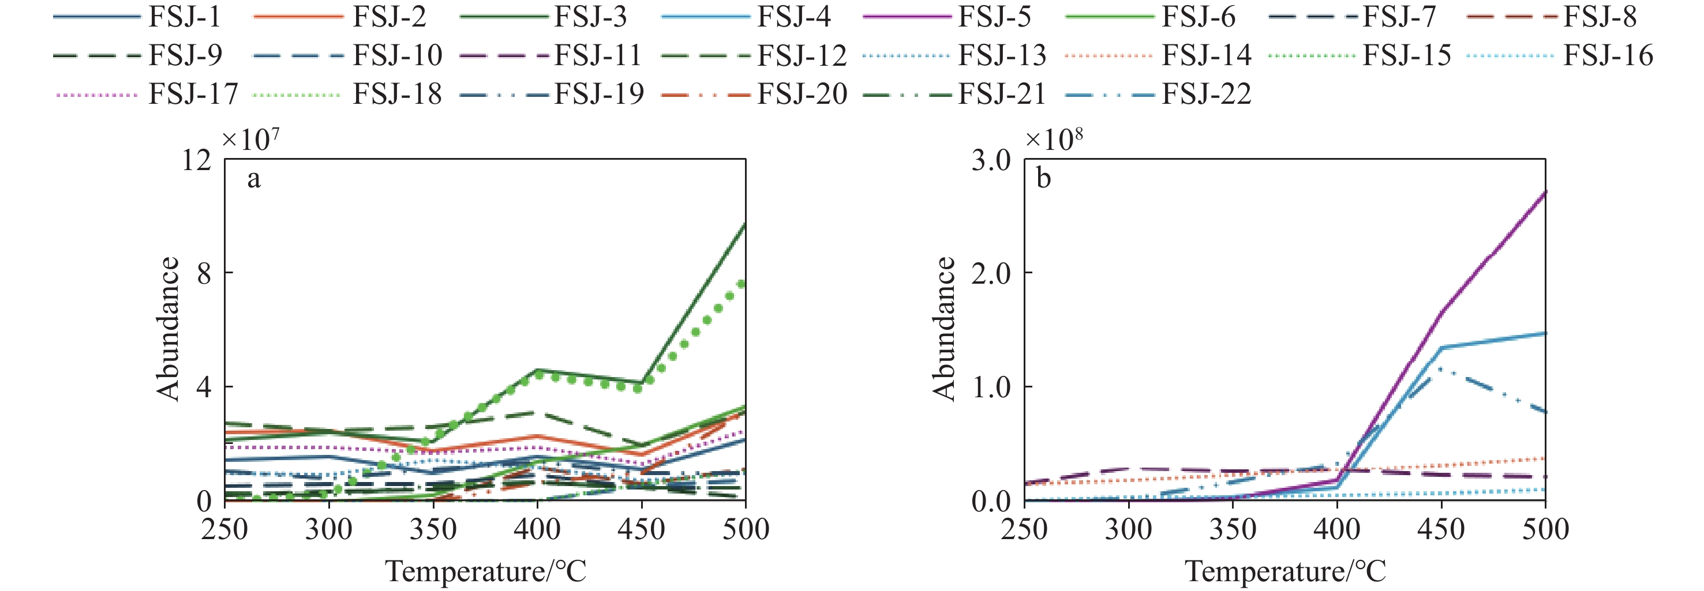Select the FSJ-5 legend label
click(x=994, y=17)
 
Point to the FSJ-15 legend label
click(x=1406, y=55)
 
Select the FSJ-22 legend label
click(x=1206, y=94)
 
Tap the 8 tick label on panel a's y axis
click(x=204, y=273)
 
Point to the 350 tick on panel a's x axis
click(x=433, y=529)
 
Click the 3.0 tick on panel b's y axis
click(x=990, y=160)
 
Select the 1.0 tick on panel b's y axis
click(x=990, y=387)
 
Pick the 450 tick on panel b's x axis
click(x=1441, y=529)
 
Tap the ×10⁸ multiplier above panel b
click(x=1053, y=139)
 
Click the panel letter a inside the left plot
click(x=253, y=179)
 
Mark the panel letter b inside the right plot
click(x=1043, y=179)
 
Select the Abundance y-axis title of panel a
click(x=168, y=329)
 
